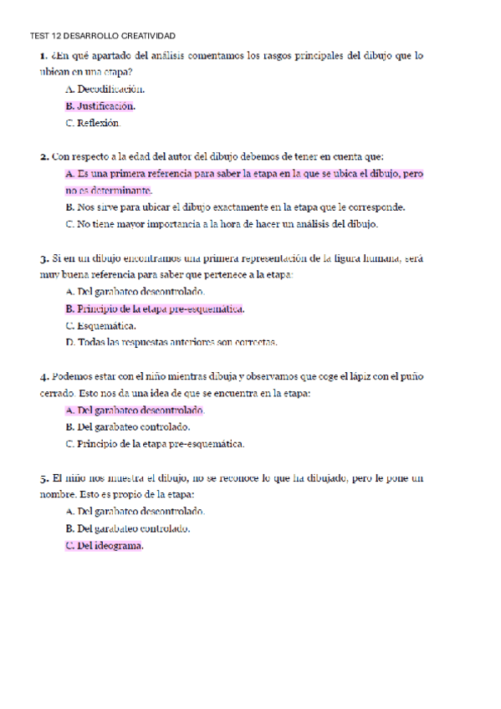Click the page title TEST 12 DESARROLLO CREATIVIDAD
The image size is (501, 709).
102,36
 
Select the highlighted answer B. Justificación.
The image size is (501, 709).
100,106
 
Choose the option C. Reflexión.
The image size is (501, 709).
92,124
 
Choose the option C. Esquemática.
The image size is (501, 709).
100,326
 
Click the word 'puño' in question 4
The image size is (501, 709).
409,377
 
